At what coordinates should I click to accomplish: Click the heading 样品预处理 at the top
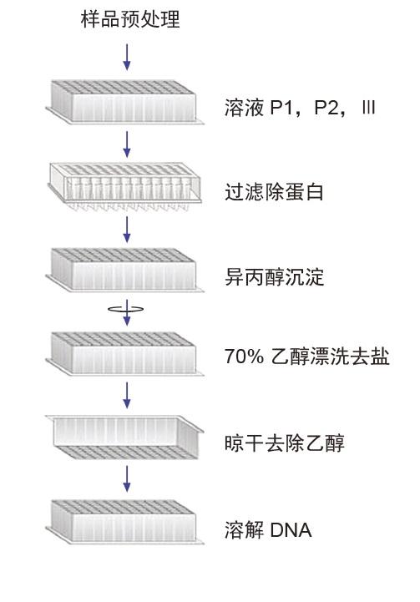[x=130, y=19]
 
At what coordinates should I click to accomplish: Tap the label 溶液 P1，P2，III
[x=300, y=108]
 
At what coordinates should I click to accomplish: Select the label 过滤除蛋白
[x=274, y=192]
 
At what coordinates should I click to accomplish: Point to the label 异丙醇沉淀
[x=274, y=277]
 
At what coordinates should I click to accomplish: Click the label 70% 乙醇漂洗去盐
[x=307, y=357]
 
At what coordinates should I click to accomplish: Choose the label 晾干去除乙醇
[x=285, y=443]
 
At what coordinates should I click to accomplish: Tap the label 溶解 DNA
[x=268, y=530]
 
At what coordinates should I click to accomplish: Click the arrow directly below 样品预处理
[x=127, y=57]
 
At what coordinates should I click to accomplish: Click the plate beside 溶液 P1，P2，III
[x=124, y=102]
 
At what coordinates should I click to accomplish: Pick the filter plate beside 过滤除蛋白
[x=124, y=187]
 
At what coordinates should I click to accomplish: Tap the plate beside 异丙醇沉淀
[x=124, y=270]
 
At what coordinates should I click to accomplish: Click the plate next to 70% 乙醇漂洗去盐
[x=124, y=353]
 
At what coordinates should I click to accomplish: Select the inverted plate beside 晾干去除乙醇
[x=124, y=438]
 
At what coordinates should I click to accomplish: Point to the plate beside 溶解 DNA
[x=124, y=522]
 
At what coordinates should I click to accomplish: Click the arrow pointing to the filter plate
[x=127, y=144]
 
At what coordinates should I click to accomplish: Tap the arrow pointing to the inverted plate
[x=127, y=396]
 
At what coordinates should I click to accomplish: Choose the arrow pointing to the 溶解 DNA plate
[x=127, y=478]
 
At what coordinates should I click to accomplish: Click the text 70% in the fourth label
[x=244, y=357]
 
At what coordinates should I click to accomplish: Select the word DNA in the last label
[x=291, y=530]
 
